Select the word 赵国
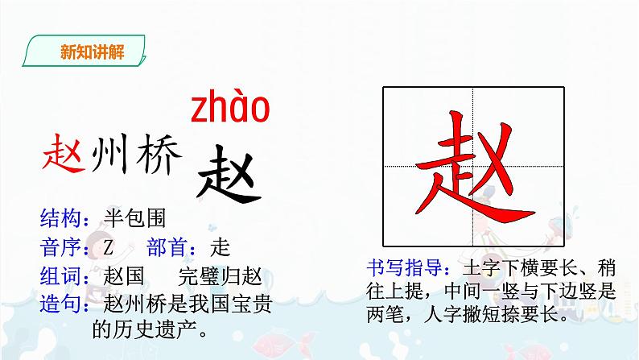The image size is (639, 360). coord(125,275)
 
